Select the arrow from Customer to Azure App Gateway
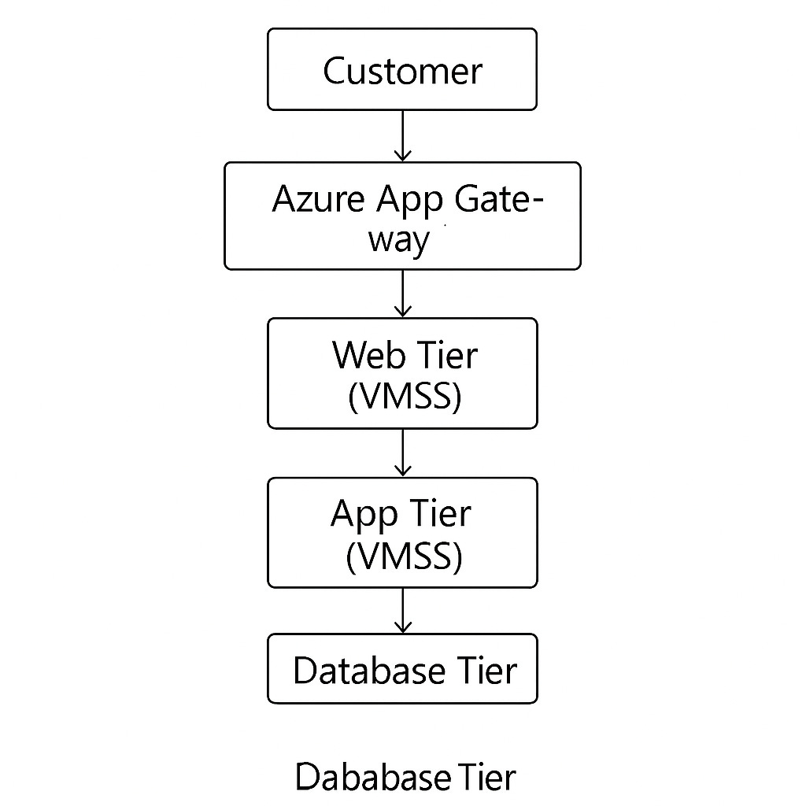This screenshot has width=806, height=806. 402,135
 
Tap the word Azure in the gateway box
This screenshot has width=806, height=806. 318,200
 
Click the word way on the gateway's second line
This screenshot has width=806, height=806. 400,240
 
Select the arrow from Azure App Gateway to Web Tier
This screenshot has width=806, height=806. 402,293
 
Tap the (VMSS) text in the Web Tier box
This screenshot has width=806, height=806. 403,396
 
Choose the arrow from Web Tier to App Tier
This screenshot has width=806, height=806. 402,453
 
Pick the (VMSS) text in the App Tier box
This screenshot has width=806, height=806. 403,556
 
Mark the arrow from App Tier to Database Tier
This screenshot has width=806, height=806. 402,610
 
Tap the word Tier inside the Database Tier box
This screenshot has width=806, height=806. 486,671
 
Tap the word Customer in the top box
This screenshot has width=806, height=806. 402,71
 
